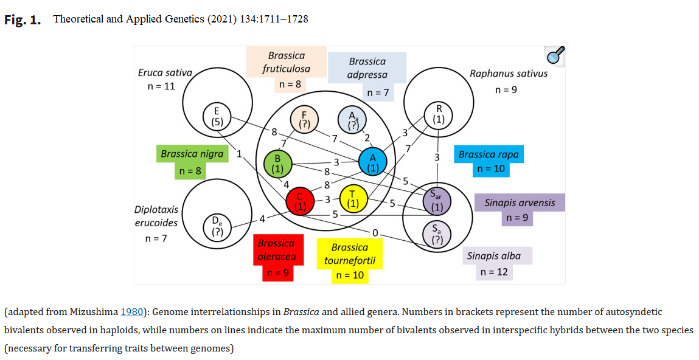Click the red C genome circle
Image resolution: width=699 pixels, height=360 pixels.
pos(300,202)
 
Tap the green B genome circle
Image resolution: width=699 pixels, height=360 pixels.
pos(278,164)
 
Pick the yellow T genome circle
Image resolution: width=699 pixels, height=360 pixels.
pos(353,199)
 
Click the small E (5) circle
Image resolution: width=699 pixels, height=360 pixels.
pos(217,116)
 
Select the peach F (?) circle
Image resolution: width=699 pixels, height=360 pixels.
pos(305,119)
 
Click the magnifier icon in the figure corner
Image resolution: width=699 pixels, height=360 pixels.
pos(554,57)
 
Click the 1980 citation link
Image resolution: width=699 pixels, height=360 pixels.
pos(131,312)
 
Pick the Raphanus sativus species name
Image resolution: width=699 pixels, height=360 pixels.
pos(509,74)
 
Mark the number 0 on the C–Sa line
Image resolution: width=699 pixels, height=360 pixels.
pos(375,232)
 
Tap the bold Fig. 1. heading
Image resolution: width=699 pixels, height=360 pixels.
pos(23,20)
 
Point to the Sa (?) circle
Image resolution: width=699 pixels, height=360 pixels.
pos(437,234)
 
